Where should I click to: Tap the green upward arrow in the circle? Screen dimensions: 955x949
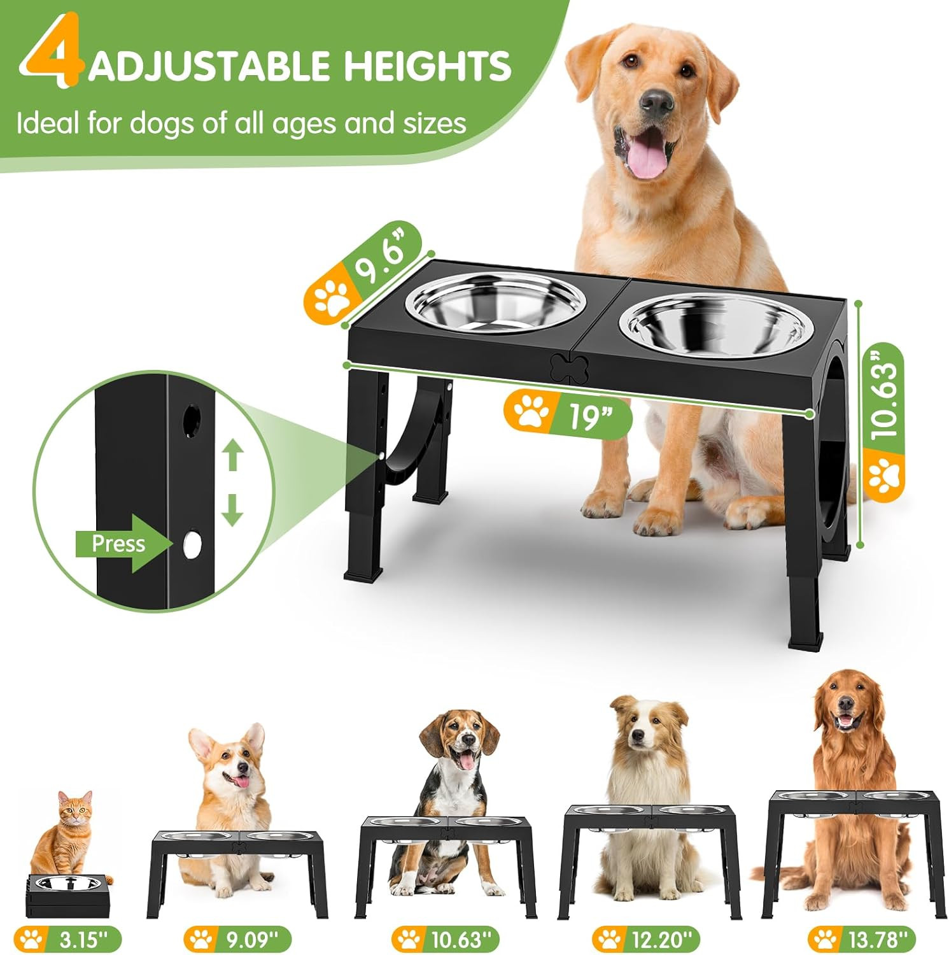[233, 456]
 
